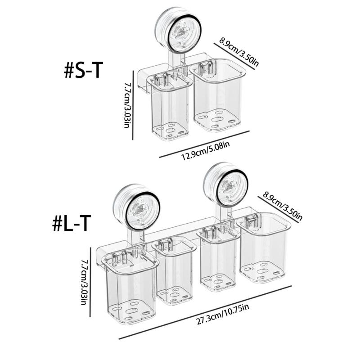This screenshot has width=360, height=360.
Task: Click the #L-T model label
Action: pos(72,223)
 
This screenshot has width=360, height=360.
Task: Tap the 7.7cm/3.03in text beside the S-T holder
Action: pos(127,105)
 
